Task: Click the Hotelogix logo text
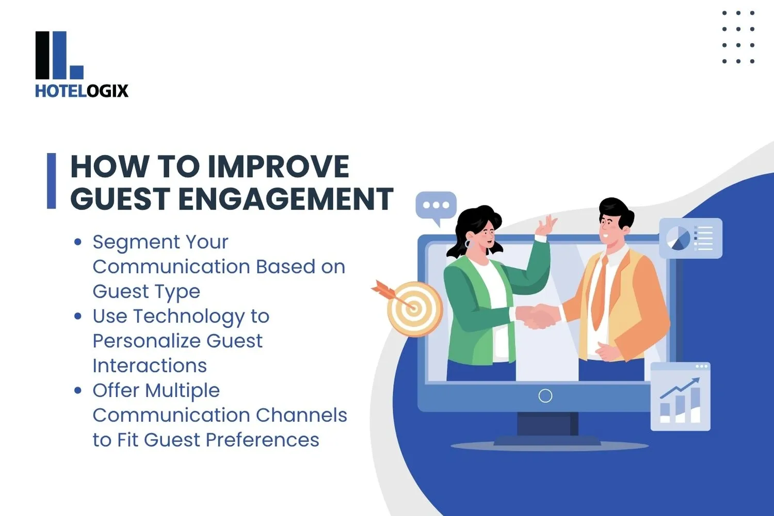pyautogui.click(x=82, y=91)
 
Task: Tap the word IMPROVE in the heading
pyautogui.click(x=279, y=167)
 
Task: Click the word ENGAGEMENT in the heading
pyautogui.click(x=286, y=198)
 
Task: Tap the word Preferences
pyautogui.click(x=262, y=440)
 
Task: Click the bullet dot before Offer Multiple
pyautogui.click(x=78, y=390)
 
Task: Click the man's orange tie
pyautogui.click(x=600, y=293)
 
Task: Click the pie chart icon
pyautogui.click(x=678, y=238)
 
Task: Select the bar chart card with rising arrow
pyautogui.click(x=681, y=396)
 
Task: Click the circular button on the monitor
pyautogui.click(x=545, y=396)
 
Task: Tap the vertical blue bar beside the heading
pyautogui.click(x=51, y=181)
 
